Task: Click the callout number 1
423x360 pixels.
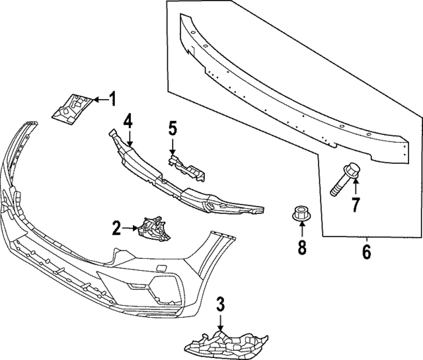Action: pyautogui.click(x=112, y=100)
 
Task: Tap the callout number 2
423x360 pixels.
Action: pyautogui.click(x=116, y=229)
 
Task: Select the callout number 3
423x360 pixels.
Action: pyautogui.click(x=221, y=305)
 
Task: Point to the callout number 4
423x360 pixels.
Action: pyautogui.click(x=128, y=120)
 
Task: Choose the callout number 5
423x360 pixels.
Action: pyautogui.click(x=173, y=127)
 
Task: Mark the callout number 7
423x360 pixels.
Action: pyautogui.click(x=356, y=204)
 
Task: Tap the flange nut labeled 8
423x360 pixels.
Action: pyautogui.click(x=301, y=213)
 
